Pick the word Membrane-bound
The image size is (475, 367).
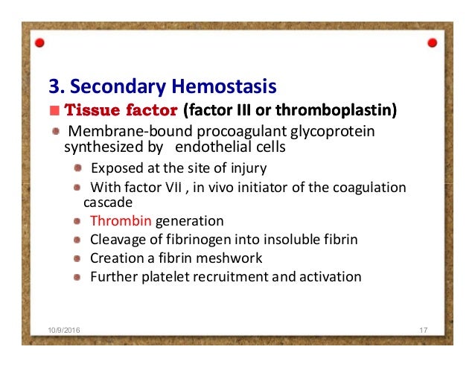pyautogui.click(x=116, y=132)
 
